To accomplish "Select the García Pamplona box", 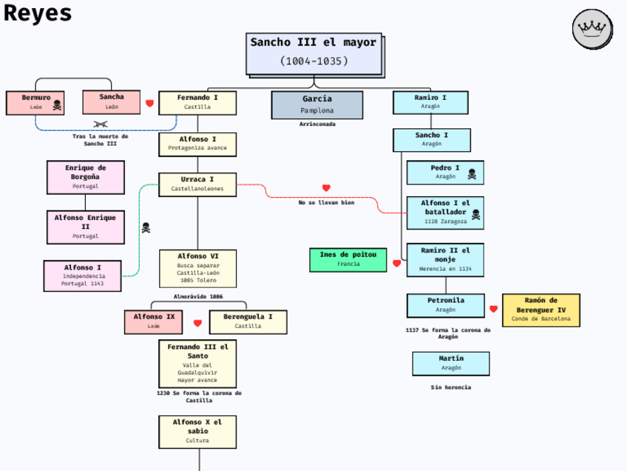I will [x=317, y=104].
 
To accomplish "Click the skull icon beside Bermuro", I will [x=57, y=105].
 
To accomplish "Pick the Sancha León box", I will [x=111, y=101].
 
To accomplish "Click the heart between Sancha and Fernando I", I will [x=149, y=104].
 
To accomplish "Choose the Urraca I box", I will [x=197, y=184].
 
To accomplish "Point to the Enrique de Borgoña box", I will [x=86, y=176].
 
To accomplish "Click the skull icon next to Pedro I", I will [x=472, y=175].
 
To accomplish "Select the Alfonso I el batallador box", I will [x=445, y=212].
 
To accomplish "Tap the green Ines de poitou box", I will [x=348, y=259].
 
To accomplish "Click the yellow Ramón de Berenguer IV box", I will [x=540, y=310].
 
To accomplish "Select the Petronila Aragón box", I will [x=445, y=305].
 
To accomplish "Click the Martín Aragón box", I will [x=450, y=363].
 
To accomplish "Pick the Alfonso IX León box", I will [x=154, y=321].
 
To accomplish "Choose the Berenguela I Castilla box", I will [x=248, y=321].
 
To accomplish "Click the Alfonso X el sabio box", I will [x=197, y=431].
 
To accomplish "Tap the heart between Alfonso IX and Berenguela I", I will [x=197, y=323].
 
